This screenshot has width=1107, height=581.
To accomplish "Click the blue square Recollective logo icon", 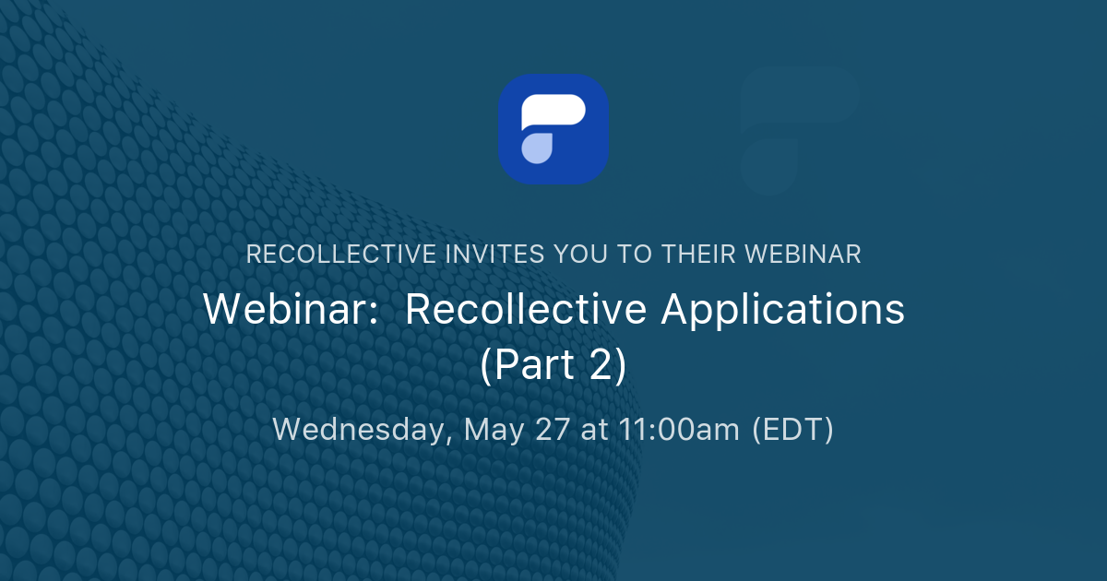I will click(x=553, y=128).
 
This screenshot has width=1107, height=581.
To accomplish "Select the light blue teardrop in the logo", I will click(x=537, y=148).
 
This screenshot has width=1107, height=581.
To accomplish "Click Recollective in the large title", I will click(x=527, y=310).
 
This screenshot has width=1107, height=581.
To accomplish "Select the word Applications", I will click(x=783, y=310).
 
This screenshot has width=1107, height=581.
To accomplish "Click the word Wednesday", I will click(x=361, y=430).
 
